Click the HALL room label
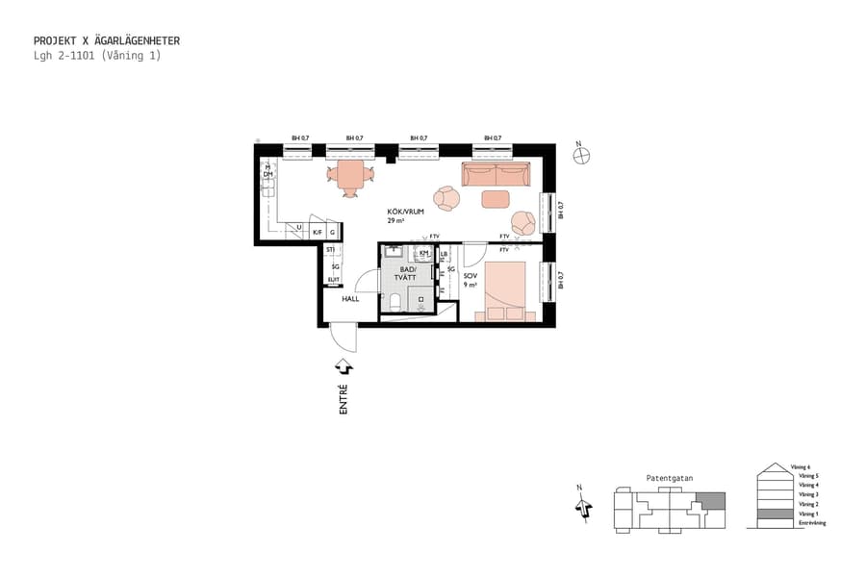point(350,299)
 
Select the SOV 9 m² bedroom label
point(470,280)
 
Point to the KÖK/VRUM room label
point(406,215)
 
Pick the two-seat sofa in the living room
point(496,174)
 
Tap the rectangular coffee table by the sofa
point(495,199)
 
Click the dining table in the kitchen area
point(349,174)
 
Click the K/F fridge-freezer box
point(318,231)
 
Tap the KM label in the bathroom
point(424,253)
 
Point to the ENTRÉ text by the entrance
point(344,399)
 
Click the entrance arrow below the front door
point(344,366)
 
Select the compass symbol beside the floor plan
point(580,156)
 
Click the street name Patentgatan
point(669,478)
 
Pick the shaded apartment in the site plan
point(710,500)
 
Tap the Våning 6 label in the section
point(802,466)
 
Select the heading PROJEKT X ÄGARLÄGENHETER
point(107,41)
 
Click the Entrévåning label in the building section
point(806,523)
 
